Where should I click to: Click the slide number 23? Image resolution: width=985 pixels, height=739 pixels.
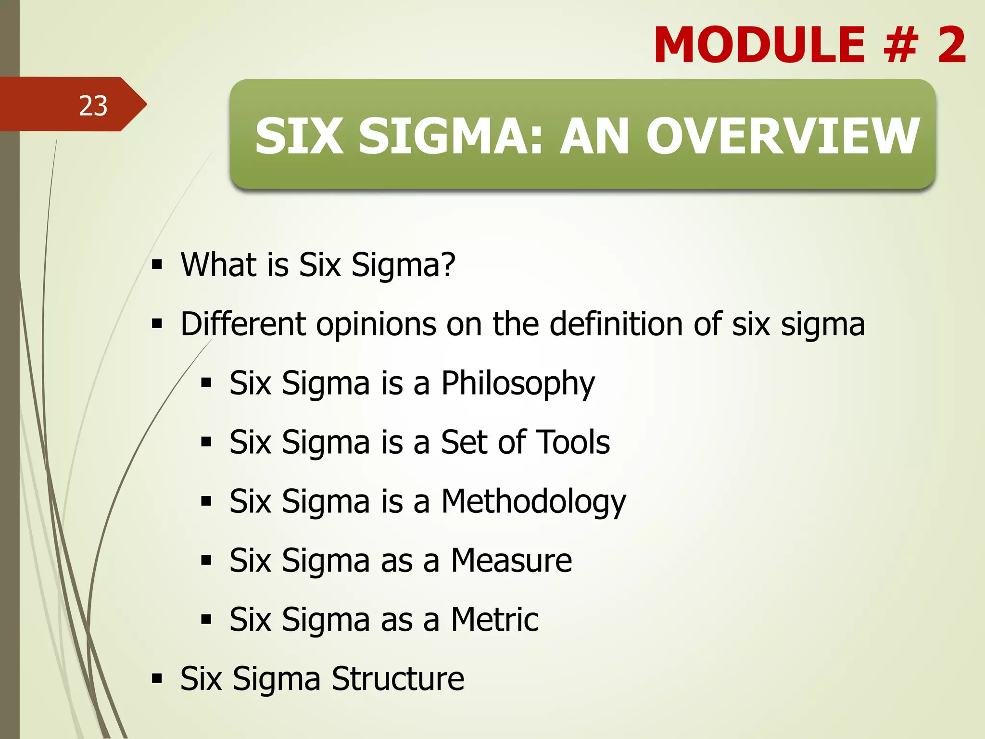93,106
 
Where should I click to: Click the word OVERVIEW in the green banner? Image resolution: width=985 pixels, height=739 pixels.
783,137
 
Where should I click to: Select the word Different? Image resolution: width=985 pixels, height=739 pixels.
243,324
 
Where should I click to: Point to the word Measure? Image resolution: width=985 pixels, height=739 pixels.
511,561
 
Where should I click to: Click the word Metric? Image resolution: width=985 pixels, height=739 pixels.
494,620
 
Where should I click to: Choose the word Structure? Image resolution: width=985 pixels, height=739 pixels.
397,679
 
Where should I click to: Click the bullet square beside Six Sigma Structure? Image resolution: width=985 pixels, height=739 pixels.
157,679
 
